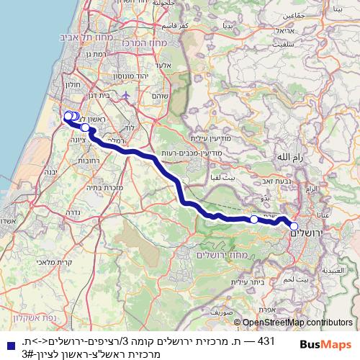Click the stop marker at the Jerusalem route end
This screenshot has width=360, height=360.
294,227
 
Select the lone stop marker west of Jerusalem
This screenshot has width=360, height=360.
253,218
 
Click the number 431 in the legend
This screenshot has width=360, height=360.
267,341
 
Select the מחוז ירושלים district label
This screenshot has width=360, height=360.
225,255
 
